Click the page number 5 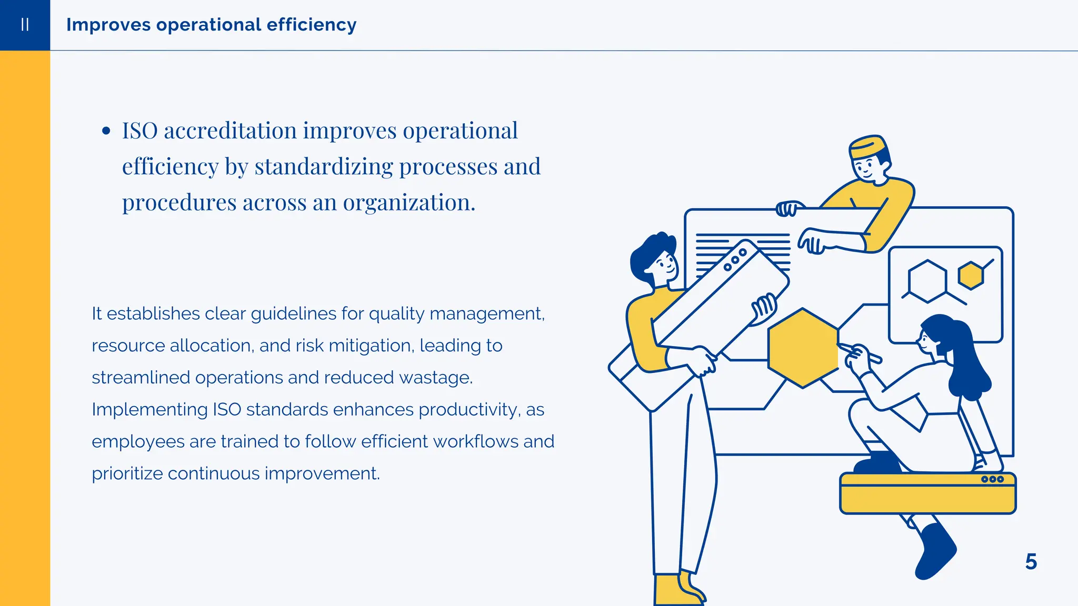point(1031,562)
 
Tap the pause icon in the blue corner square point(25,25)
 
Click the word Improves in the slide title point(108,25)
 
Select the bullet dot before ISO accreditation point(106,131)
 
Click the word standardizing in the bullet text point(323,167)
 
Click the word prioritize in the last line point(127,473)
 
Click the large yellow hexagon point(803,348)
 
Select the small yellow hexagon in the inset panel point(971,275)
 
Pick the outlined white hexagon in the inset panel point(927,281)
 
